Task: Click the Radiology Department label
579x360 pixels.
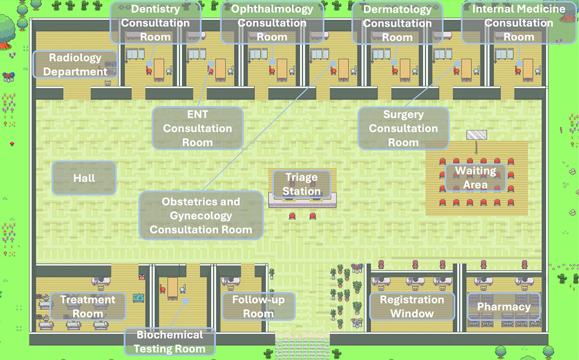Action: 75,64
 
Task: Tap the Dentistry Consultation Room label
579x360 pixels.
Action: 155,23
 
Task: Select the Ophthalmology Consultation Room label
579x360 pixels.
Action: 272,23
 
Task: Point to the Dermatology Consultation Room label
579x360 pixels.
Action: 397,23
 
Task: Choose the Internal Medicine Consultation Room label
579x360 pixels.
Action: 518,23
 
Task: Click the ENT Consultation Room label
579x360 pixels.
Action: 197,128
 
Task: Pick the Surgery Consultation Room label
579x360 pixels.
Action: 403,128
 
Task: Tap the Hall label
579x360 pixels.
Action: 84,178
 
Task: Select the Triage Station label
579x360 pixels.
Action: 301,184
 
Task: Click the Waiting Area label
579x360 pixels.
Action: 475,177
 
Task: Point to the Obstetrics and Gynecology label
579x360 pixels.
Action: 201,215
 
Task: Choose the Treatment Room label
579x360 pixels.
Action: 88,306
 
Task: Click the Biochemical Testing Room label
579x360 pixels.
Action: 169,342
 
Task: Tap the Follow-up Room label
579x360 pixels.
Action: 258,306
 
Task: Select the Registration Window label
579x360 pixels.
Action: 412,306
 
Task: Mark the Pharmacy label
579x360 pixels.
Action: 504,307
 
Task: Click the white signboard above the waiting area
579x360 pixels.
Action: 476,135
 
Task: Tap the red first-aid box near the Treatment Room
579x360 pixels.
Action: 142,278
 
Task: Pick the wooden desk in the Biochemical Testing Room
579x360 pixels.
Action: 172,288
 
